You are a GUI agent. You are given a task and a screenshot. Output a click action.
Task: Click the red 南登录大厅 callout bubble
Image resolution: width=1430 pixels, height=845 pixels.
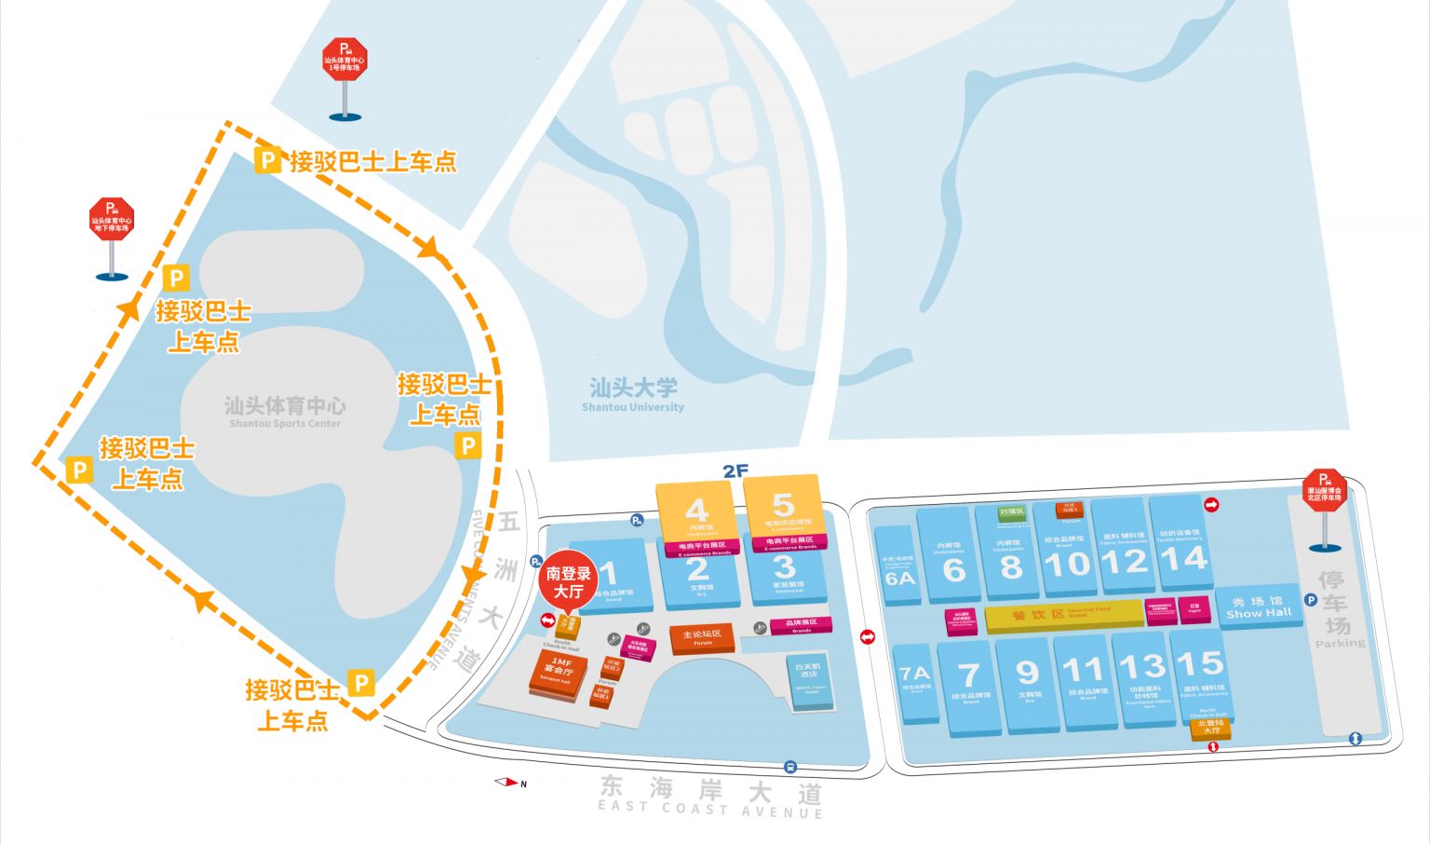pyautogui.click(x=568, y=584)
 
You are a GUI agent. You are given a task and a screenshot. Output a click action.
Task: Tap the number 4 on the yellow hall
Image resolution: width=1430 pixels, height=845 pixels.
pyautogui.click(x=696, y=511)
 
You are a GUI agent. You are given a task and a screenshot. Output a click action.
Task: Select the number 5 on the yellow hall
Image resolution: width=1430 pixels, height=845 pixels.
pyautogui.click(x=783, y=505)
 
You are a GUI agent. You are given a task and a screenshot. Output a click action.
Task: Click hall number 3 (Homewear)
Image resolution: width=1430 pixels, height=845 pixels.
pyautogui.click(x=785, y=566)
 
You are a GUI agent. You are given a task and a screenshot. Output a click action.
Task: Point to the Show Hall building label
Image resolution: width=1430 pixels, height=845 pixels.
pyautogui.click(x=1259, y=607)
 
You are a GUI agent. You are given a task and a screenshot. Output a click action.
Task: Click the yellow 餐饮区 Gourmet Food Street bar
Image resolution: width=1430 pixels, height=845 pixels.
pyautogui.click(x=1063, y=615)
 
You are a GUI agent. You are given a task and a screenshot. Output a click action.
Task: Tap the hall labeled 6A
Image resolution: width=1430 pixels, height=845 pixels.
pyautogui.click(x=899, y=578)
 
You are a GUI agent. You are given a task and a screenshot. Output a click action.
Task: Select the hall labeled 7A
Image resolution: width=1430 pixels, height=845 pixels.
pyautogui.click(x=914, y=673)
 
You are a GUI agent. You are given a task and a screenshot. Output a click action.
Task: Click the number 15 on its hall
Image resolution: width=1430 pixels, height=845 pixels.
pyautogui.click(x=1199, y=663)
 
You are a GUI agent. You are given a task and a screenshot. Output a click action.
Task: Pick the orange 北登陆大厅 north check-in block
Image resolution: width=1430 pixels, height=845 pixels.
pyautogui.click(x=1210, y=728)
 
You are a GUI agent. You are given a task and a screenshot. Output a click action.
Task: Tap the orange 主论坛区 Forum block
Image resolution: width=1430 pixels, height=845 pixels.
pyautogui.click(x=702, y=638)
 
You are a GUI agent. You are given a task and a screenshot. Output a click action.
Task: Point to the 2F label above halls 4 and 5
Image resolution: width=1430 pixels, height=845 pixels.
pyautogui.click(x=735, y=471)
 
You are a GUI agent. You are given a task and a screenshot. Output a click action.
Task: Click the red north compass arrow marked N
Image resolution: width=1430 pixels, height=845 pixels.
pyautogui.click(x=508, y=783)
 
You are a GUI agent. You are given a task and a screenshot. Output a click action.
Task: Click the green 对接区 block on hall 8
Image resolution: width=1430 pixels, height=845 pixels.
pyautogui.click(x=1011, y=511)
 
